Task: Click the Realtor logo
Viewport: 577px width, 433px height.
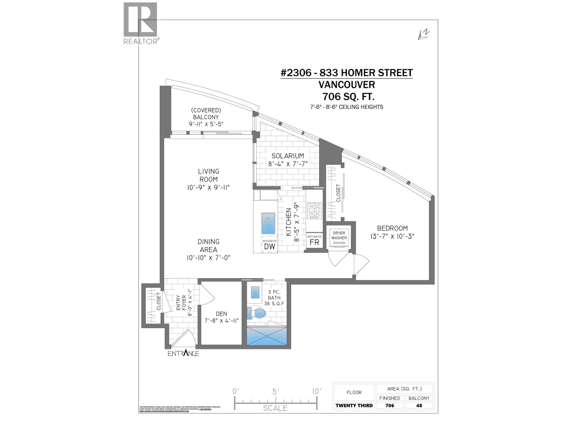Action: click(140, 23)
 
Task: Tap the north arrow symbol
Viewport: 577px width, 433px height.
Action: click(423, 34)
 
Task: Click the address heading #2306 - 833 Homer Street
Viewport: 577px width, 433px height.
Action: click(346, 73)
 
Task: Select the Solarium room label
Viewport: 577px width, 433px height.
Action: click(287, 156)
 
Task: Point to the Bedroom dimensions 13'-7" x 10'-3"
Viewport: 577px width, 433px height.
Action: click(392, 236)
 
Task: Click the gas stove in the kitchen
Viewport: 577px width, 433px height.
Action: click(314, 211)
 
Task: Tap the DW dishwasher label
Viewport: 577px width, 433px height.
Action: click(269, 246)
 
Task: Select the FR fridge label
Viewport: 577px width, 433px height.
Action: click(314, 242)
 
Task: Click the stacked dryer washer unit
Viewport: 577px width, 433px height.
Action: click(339, 238)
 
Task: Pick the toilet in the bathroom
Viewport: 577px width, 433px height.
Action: click(257, 313)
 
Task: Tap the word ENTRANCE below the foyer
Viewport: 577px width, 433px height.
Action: click(183, 353)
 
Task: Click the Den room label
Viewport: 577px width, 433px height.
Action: click(221, 314)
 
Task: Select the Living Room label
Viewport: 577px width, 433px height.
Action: click(208, 175)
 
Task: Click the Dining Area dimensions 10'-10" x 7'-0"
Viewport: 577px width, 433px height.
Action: click(208, 258)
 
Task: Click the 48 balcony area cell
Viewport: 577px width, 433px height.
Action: click(419, 405)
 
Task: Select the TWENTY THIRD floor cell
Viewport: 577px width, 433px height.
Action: click(354, 405)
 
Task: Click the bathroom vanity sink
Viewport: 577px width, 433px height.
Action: click(256, 292)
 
